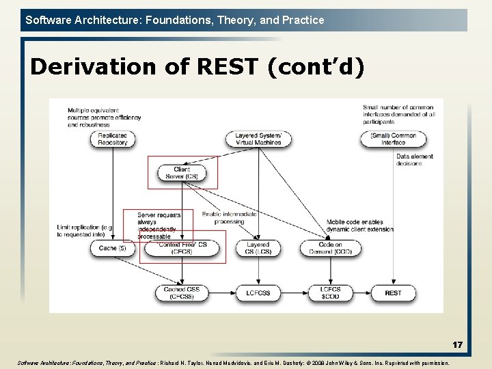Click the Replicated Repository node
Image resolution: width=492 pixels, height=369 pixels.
pos(113,139)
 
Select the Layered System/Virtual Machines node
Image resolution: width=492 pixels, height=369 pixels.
pos(258,139)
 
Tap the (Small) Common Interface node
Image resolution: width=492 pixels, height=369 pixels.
pos(393,139)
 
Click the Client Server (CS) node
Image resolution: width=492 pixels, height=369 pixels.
pos(182,173)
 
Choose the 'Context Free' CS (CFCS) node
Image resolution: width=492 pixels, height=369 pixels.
pos(182,248)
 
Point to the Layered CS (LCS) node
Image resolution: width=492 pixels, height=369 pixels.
pos(258,248)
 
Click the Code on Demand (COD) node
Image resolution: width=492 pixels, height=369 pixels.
pos(331,248)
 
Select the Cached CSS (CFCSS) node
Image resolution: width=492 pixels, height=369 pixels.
pos(182,292)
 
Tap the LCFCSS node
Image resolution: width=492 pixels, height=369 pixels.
pos(258,292)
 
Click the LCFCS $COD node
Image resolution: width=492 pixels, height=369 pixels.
pos(331,292)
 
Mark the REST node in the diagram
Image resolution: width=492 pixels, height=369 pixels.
pos(393,292)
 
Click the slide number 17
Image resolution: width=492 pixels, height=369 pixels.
pos(457,345)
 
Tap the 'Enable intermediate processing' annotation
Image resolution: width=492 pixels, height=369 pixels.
pos(230,217)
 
